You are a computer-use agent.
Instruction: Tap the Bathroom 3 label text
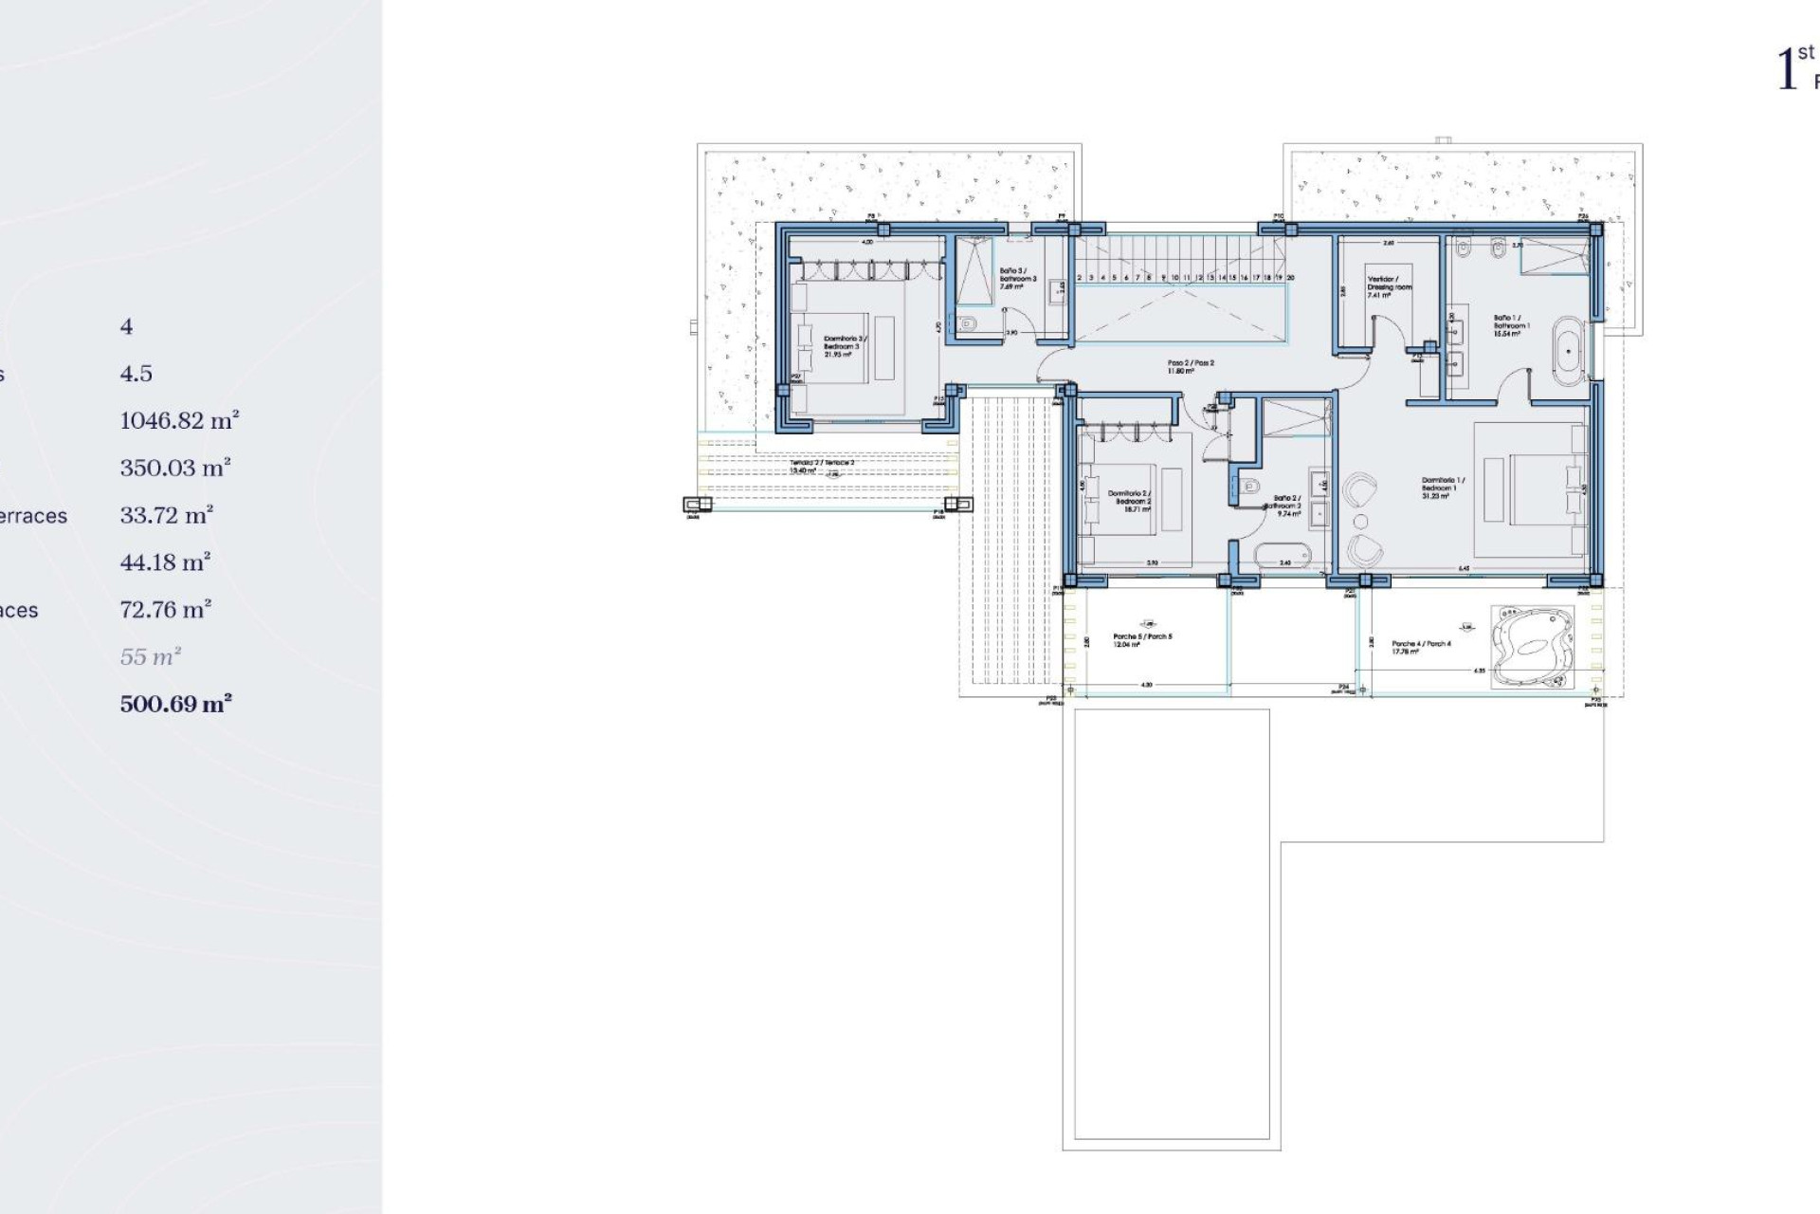coord(1018,278)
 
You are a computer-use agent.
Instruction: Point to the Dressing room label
coord(1389,286)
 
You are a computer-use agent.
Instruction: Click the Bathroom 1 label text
coord(1511,325)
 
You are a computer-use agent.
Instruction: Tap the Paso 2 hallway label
coord(1190,366)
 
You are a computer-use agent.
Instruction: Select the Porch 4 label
coord(1420,647)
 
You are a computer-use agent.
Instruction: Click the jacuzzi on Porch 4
coord(1532,647)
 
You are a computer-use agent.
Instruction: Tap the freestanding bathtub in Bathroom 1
coord(1569,352)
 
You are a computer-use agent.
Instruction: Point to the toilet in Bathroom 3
coord(966,324)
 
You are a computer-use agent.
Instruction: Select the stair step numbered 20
coord(1290,278)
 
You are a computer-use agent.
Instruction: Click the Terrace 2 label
coord(821,466)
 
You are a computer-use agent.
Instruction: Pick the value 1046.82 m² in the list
coord(179,420)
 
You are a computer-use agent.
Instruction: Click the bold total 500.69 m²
coord(175,704)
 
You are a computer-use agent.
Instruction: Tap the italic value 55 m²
coord(150,656)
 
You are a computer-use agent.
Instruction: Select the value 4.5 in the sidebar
coord(136,373)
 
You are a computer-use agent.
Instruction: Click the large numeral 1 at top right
coord(1787,69)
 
